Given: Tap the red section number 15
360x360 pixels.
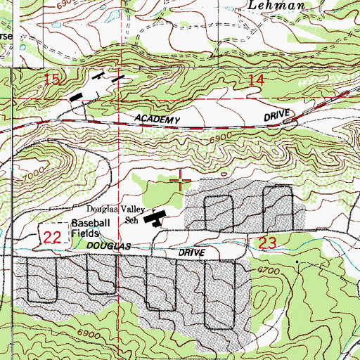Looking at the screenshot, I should coord(52,80).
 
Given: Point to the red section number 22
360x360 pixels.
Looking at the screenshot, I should coord(51,238).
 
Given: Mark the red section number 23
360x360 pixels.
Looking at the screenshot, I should coord(266,243).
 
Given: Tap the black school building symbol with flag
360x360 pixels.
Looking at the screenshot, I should coord(154,219).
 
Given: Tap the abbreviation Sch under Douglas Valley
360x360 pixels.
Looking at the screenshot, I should coord(131,219).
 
